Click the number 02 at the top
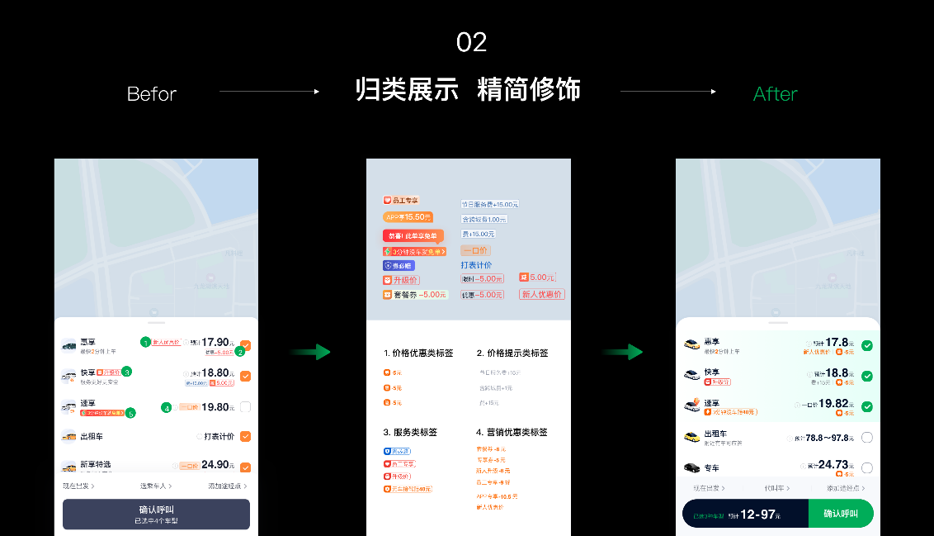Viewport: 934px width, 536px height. [x=471, y=42]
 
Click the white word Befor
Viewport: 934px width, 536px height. [x=152, y=94]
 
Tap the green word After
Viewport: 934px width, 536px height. [x=775, y=94]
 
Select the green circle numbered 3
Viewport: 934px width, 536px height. [x=126, y=372]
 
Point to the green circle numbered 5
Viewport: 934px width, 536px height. [x=130, y=412]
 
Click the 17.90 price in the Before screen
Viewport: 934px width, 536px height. [x=215, y=342]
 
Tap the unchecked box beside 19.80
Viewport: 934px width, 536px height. [x=245, y=407]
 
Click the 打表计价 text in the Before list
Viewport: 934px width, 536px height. [x=219, y=436]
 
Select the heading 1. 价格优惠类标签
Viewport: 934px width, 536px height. [x=418, y=353]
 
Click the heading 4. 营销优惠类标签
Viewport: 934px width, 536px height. [x=512, y=432]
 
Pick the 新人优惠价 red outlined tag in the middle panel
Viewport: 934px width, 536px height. [x=541, y=294]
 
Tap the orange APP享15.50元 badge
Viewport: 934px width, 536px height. [x=408, y=217]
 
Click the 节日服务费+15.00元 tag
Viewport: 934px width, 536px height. [x=489, y=204]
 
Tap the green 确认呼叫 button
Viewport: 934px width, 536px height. [x=840, y=514]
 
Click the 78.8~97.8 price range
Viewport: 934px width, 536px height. [x=828, y=438]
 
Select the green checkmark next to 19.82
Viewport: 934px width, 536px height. [x=866, y=406]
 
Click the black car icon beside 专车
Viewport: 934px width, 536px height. [x=691, y=467]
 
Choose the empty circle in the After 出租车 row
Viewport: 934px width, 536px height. [x=866, y=438]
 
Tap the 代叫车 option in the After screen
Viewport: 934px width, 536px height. [x=776, y=488]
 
